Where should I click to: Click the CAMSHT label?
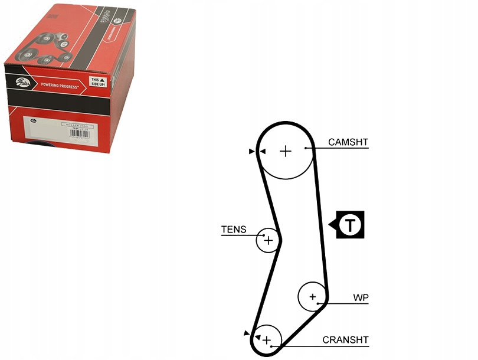tap(348, 142)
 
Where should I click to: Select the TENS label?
tap(234, 230)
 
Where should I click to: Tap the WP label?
tap(361, 297)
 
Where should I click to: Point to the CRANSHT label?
tap(345, 340)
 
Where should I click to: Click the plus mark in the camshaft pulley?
tap(286, 151)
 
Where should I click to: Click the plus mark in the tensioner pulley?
tap(269, 240)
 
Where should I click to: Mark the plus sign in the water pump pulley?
tap(312, 296)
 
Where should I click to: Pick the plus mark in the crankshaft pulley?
tap(267, 340)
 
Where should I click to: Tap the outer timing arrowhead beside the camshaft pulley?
tap(252, 152)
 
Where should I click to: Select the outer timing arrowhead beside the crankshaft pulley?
tap(247, 333)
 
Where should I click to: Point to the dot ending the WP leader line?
tap(319, 303)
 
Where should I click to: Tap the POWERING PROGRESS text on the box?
tap(57, 86)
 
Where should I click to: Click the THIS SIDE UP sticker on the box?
tap(96, 81)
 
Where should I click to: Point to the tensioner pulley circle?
tap(267, 240)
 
